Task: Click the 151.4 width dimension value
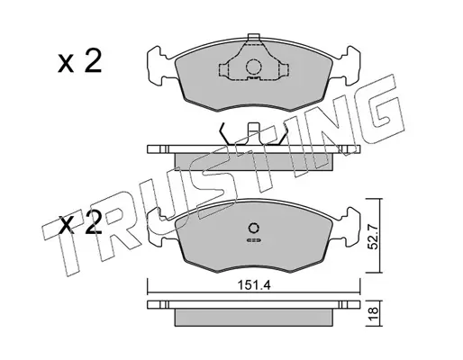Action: (254, 285)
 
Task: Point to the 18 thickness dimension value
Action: (373, 314)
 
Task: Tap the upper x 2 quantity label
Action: (80, 62)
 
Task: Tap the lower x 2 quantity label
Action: (80, 223)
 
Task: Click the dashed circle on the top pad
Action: (254, 67)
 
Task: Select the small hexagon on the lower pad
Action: (253, 229)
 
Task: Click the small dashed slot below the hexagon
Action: (254, 240)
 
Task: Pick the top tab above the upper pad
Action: (254, 37)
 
